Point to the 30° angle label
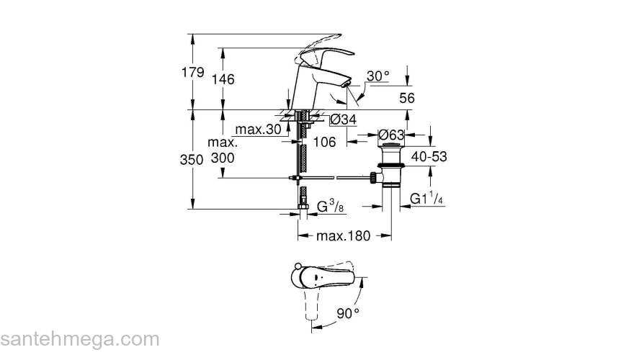point(378,75)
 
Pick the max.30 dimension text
point(259,130)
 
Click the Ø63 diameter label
point(392,135)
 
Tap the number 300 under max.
point(223,157)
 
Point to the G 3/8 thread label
point(328,208)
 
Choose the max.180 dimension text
point(343,236)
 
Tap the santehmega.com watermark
point(79,339)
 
